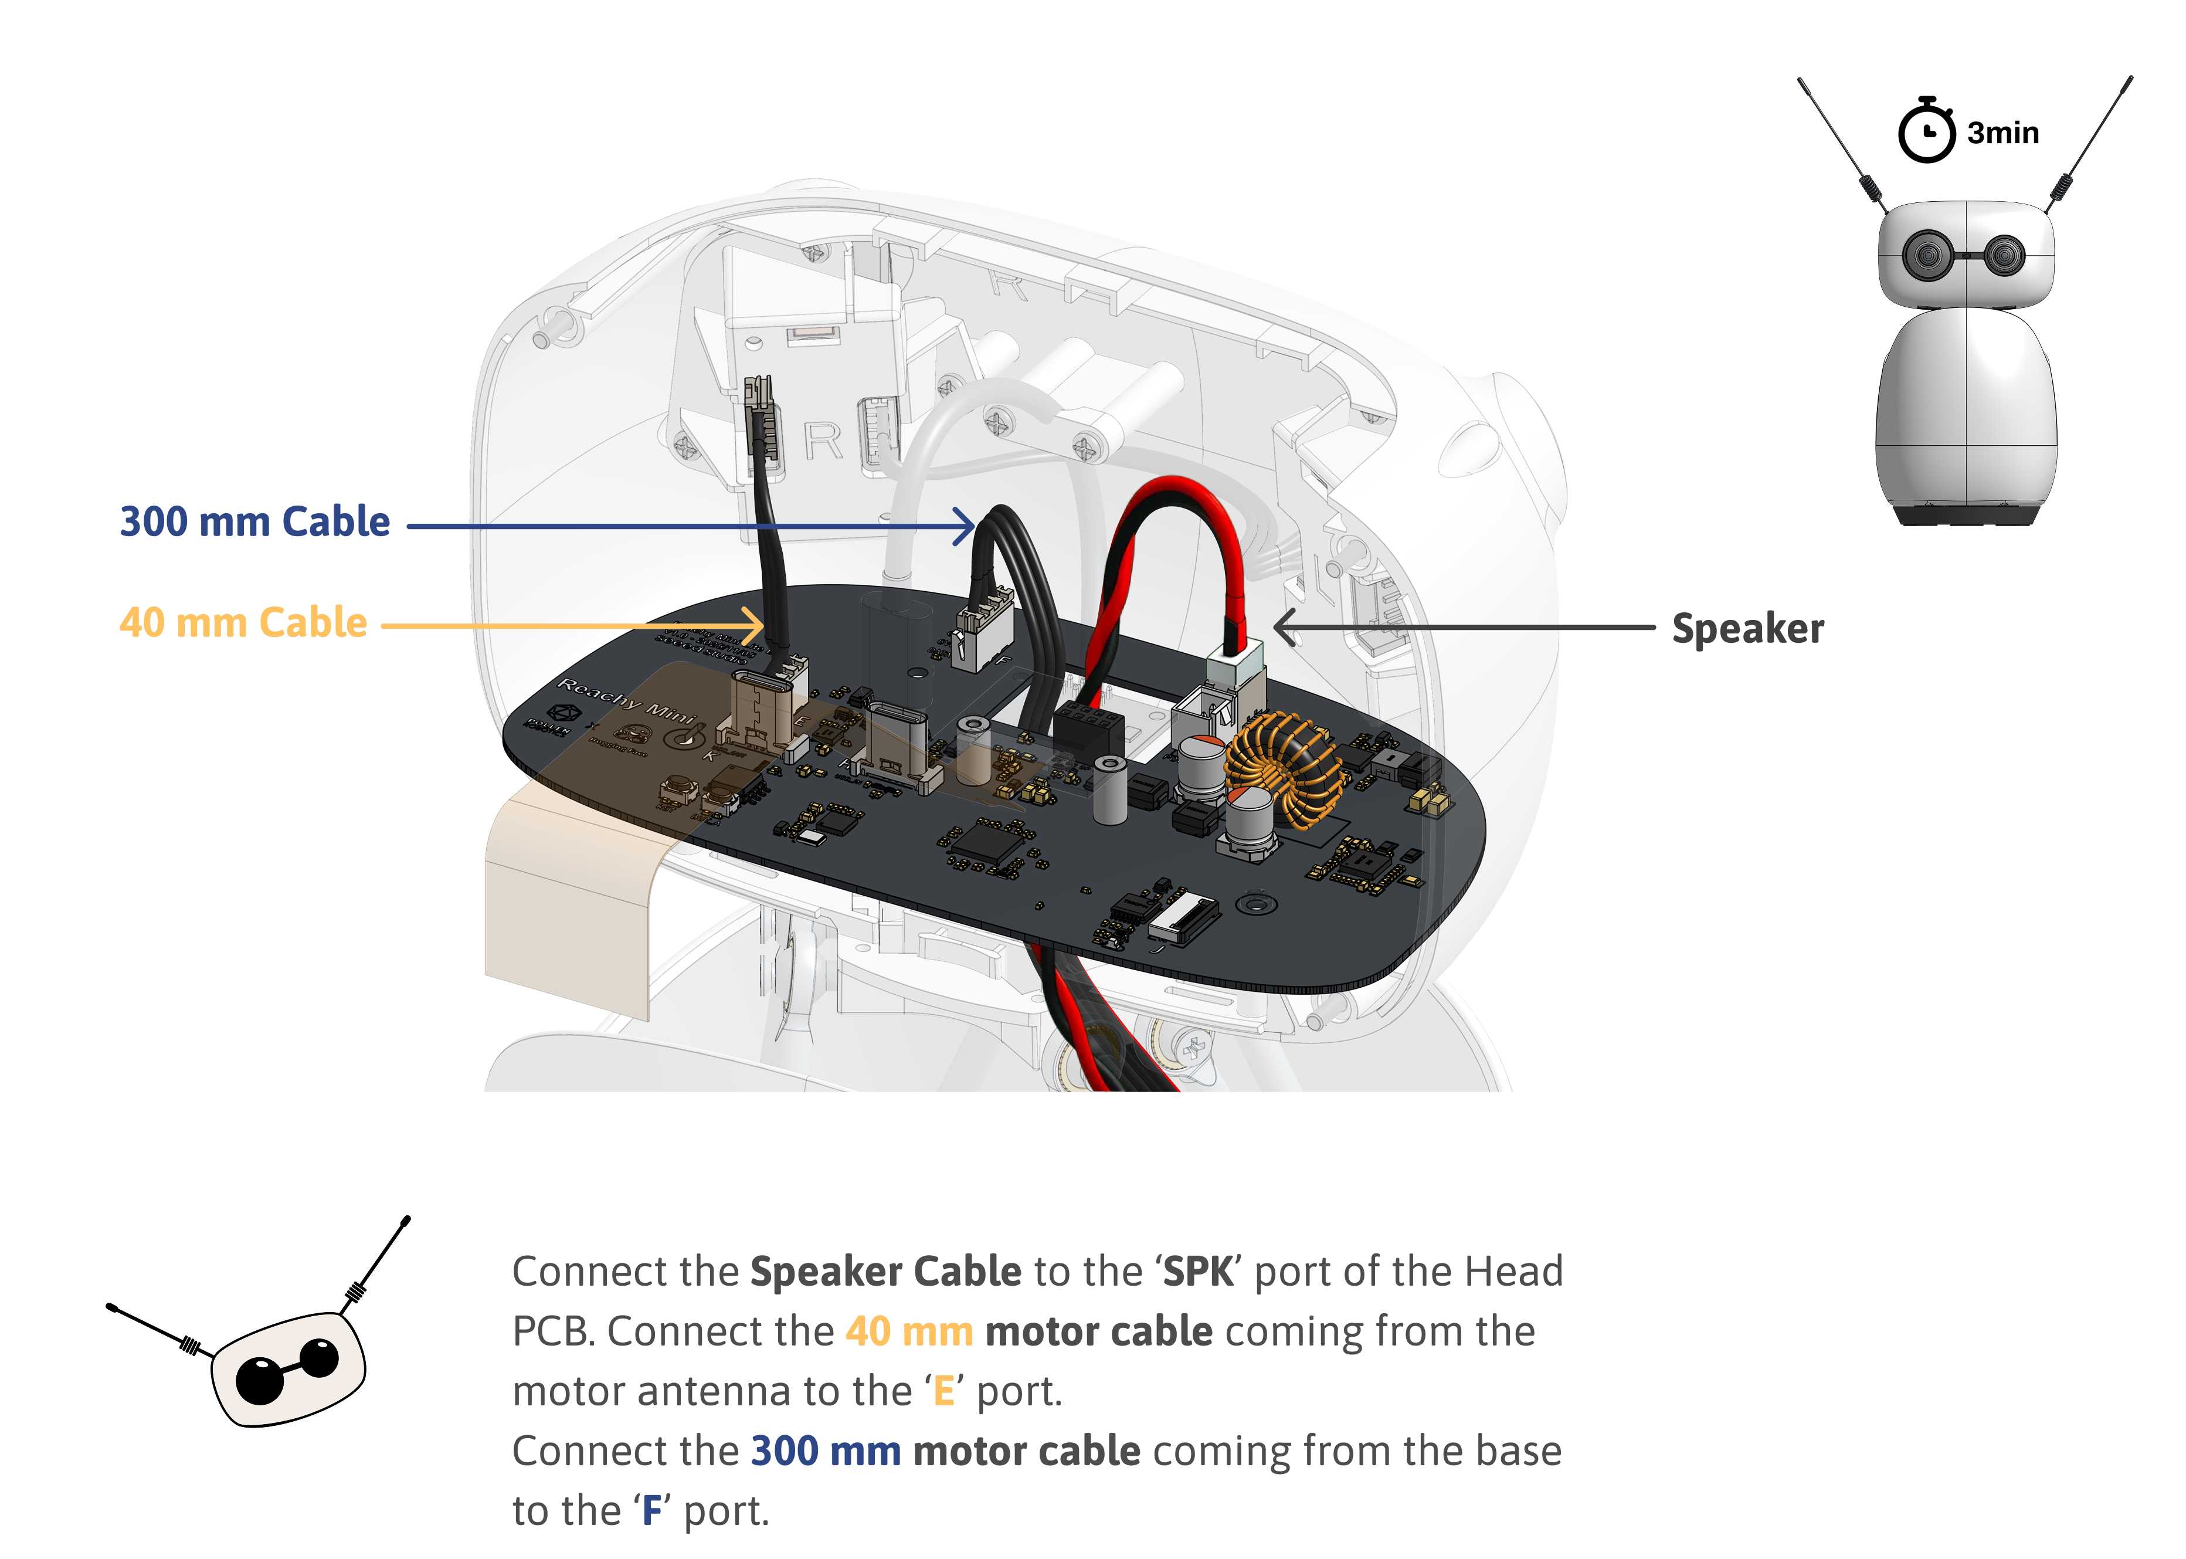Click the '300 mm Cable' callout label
254,522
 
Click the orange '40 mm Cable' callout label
243,623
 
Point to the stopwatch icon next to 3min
1925,131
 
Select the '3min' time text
2002,133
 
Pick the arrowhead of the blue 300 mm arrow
968,526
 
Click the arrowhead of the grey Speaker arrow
1284,628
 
